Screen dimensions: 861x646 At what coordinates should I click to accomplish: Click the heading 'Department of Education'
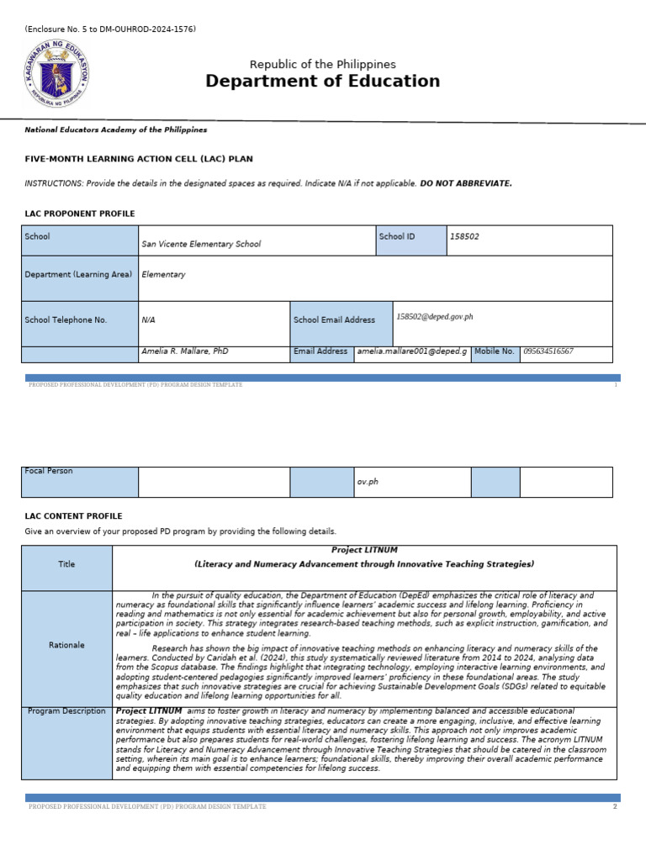coord(323,82)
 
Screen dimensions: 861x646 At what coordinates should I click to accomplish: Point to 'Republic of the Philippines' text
coord(323,65)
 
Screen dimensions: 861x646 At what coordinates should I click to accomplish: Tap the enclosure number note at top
coord(110,29)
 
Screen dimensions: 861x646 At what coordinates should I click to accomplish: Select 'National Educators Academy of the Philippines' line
coord(116,130)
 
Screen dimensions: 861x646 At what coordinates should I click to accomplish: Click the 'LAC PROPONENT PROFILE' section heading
coord(80,214)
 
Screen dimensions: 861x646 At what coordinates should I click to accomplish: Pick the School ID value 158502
coord(464,237)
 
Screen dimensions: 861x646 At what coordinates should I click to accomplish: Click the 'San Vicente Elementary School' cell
coord(201,244)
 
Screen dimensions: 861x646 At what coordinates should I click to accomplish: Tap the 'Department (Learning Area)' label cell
coord(79,274)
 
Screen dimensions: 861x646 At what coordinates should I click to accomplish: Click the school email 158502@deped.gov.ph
coord(435,317)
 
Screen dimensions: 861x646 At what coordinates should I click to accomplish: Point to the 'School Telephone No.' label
coord(66,320)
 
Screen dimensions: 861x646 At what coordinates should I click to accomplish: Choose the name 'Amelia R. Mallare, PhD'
coord(185,351)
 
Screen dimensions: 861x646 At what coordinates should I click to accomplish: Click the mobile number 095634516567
coord(548,351)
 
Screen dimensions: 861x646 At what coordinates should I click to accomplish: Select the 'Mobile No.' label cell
coord(495,351)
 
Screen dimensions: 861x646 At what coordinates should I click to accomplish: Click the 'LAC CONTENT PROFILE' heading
coord(74,516)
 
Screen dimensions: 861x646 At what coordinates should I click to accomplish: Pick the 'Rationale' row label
coord(66,645)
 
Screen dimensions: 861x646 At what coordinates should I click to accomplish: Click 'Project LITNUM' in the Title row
coord(363,550)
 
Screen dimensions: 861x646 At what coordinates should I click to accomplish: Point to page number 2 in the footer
coord(615,806)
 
